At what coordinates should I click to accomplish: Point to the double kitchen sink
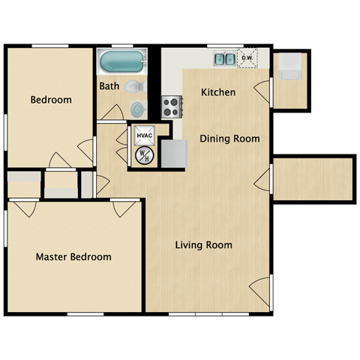223,58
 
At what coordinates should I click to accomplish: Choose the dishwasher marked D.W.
247,58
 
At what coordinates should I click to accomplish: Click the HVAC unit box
144,136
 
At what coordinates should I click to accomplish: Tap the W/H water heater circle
143,155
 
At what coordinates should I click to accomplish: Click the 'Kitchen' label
218,92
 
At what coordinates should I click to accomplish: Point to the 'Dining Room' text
229,138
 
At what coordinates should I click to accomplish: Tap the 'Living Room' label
203,244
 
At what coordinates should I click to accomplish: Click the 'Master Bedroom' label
73,256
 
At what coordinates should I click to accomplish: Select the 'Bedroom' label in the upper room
51,100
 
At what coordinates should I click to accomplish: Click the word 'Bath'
109,86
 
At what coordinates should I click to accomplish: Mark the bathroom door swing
112,112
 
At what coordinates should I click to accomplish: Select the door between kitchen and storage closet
262,91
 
